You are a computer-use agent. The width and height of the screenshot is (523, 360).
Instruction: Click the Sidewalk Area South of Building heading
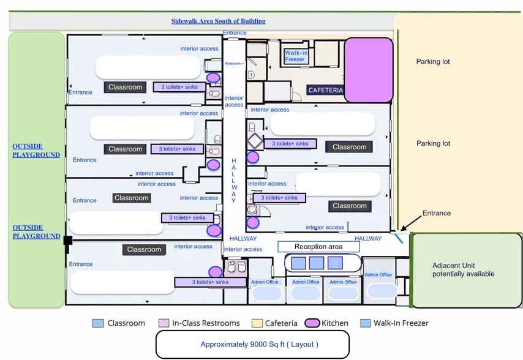tap(218, 21)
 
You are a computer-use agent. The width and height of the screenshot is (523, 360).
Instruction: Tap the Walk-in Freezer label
tap(296, 56)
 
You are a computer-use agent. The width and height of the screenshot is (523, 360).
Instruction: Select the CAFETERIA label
tap(325, 91)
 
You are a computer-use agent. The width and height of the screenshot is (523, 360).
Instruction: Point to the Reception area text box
tap(318, 247)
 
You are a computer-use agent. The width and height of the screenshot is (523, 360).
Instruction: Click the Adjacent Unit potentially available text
tap(463, 270)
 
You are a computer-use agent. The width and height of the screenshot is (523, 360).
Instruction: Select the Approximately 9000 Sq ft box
tap(252, 344)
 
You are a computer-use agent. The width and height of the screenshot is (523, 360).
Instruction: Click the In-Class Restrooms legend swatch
tap(164, 323)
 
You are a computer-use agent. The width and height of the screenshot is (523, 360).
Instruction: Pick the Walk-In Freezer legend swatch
tap(365, 323)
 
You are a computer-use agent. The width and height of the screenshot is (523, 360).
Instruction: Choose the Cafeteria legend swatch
tap(254, 323)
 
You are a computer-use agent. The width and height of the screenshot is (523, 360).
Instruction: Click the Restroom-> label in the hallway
tap(234, 64)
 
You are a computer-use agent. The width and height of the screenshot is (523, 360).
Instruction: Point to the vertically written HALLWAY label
tap(233, 180)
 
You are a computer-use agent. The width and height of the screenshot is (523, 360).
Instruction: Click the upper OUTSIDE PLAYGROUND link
tap(36, 151)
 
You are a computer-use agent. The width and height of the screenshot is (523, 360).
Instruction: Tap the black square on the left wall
tap(67, 241)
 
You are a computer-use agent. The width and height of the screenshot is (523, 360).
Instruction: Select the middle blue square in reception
tap(316, 263)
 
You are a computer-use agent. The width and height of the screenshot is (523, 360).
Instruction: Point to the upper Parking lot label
tap(433, 62)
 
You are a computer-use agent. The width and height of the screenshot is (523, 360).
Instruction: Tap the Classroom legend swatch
tap(98, 323)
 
